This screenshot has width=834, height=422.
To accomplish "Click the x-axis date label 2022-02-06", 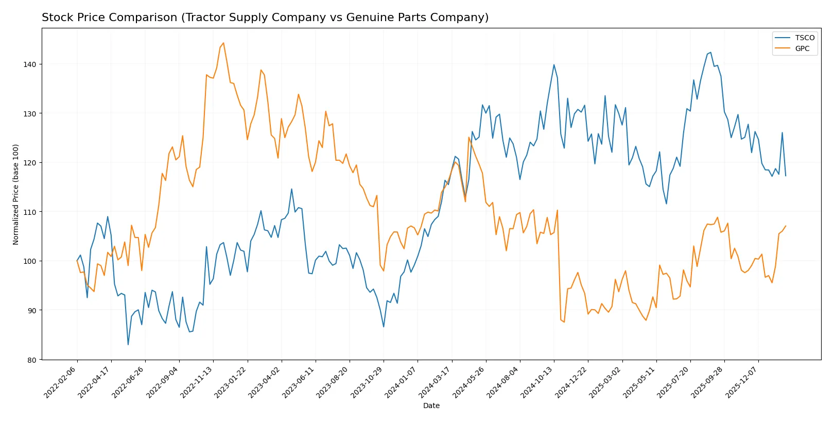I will (x=61, y=382).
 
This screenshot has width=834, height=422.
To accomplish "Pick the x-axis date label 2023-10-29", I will (x=367, y=382).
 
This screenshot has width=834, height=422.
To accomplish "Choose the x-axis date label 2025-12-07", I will (x=742, y=382).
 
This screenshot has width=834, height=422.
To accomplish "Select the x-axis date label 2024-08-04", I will (x=503, y=382).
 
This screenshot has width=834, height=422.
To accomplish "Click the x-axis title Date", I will (x=431, y=406).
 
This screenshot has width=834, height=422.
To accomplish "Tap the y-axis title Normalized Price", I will (x=15, y=194).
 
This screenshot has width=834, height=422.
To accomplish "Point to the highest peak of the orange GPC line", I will (x=223, y=43).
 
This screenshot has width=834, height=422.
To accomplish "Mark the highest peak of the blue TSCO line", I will (x=711, y=52).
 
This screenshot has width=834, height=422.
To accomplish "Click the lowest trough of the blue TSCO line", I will (x=128, y=345).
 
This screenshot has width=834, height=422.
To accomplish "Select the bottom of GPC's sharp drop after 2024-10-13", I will (x=564, y=322).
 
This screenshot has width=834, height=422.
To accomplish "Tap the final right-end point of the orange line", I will (x=786, y=226).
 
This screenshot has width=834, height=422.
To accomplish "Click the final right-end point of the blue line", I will (x=786, y=176).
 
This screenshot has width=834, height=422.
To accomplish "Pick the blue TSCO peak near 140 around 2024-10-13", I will (x=554, y=64).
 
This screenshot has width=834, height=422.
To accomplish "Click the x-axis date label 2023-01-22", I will (x=231, y=382).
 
